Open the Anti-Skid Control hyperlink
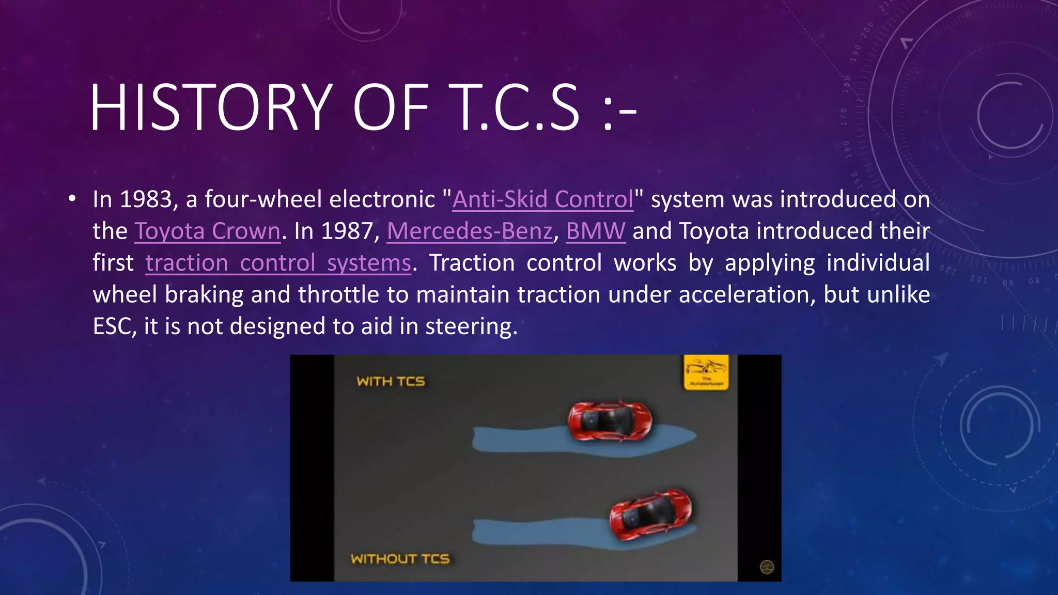pyautogui.click(x=542, y=199)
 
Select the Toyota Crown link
pyautogui.click(x=207, y=231)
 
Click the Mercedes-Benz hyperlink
pyautogui.click(x=470, y=231)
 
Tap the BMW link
pyautogui.click(x=596, y=231)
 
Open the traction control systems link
pyautogui.click(x=278, y=263)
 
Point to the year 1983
pyautogui.click(x=146, y=199)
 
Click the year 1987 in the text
pyautogui.click(x=347, y=231)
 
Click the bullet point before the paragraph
pyautogui.click(x=72, y=199)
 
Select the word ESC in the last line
pyautogui.click(x=112, y=326)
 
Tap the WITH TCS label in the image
pyautogui.click(x=391, y=381)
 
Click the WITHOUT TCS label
pyautogui.click(x=400, y=559)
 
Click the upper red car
pyautogui.click(x=610, y=420)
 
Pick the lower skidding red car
pyautogui.click(x=649, y=514)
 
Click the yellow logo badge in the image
pyautogui.click(x=706, y=372)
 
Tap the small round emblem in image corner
pyautogui.click(x=767, y=567)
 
